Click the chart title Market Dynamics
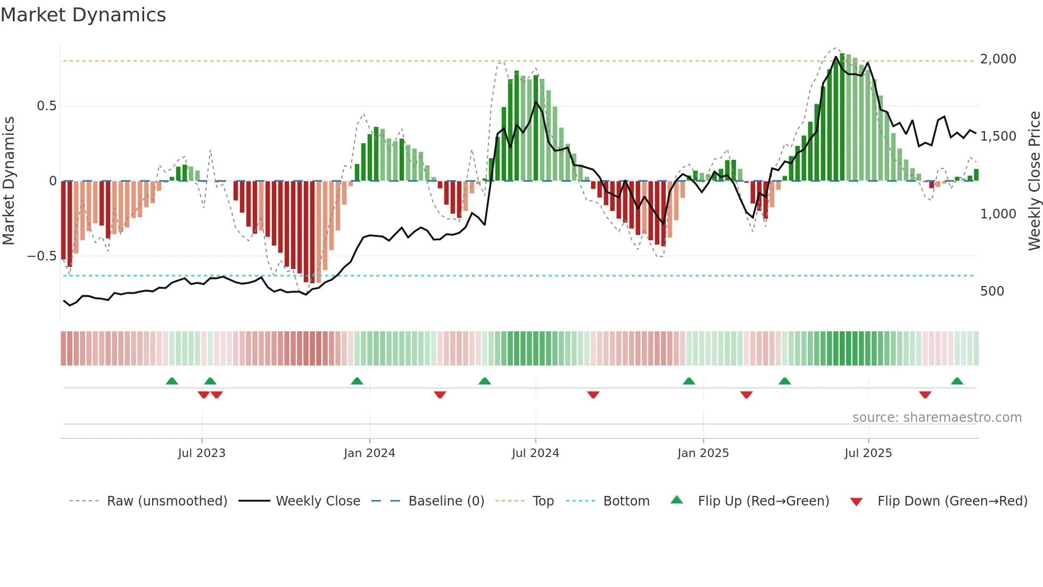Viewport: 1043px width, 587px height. pos(83,15)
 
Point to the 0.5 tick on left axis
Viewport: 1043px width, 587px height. pos(46,106)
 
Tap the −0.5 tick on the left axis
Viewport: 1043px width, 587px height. pos(42,256)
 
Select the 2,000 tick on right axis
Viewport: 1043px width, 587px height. pos(998,59)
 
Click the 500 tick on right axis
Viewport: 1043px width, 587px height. pos(992,291)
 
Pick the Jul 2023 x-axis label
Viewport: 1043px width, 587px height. pos(202,453)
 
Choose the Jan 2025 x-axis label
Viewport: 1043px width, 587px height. pos(703,453)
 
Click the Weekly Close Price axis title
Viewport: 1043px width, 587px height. pos(1034,181)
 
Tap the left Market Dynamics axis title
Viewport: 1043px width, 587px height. pos(9,181)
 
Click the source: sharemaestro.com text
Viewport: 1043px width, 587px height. pos(937,418)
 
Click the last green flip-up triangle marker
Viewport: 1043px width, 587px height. pos(957,381)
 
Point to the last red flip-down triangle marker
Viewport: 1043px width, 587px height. pos(925,395)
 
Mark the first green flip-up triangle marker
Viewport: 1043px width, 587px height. pos(172,381)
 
